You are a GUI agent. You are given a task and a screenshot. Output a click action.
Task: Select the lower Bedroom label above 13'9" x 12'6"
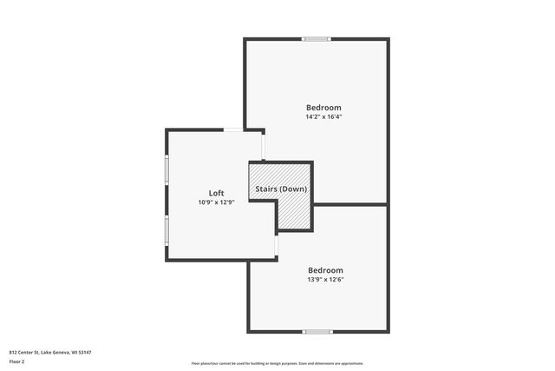click(325, 270)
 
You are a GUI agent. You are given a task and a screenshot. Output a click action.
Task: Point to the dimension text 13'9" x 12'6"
click(325, 280)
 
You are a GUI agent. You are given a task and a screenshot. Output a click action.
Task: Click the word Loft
click(216, 193)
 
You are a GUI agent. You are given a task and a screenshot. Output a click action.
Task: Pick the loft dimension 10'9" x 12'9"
click(216, 202)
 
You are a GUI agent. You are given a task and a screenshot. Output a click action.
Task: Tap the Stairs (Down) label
click(280, 189)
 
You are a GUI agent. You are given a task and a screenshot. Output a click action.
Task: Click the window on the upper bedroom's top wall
click(317, 38)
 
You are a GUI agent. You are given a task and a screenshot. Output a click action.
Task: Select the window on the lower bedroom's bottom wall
click(317, 331)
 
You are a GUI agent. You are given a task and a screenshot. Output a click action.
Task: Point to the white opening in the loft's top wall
click(234, 129)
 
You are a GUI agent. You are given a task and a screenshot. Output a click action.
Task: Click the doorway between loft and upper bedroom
click(263, 147)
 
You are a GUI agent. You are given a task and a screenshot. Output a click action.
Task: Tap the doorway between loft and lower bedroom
click(277, 247)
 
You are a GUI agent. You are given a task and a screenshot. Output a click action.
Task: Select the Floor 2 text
click(17, 361)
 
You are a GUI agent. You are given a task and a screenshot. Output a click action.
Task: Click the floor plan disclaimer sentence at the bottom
click(277, 363)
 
